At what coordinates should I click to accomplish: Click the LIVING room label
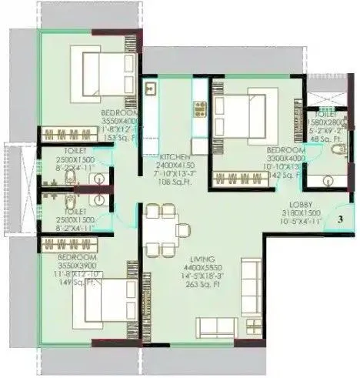205,259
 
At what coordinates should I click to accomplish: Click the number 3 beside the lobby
338,219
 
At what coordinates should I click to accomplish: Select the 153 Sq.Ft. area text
119,136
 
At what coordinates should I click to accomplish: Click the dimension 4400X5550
205,266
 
